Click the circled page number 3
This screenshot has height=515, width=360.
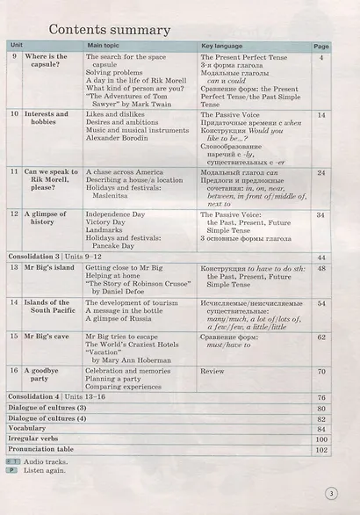click(330, 493)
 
